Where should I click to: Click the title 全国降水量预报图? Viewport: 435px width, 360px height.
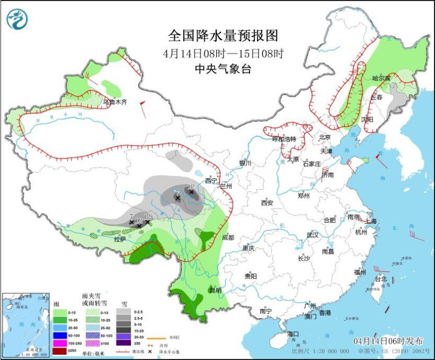(x=222, y=35)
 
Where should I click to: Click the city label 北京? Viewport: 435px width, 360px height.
(x=326, y=137)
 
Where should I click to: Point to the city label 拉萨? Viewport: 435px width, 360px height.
(x=120, y=239)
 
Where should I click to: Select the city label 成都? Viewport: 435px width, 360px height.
(x=228, y=237)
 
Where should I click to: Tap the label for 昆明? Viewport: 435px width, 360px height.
(x=215, y=290)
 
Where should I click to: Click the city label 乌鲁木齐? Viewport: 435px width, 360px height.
(x=115, y=102)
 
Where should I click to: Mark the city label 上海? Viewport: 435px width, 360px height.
(x=372, y=221)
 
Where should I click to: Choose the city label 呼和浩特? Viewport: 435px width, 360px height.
(x=284, y=139)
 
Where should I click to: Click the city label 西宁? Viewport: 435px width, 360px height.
(x=210, y=181)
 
